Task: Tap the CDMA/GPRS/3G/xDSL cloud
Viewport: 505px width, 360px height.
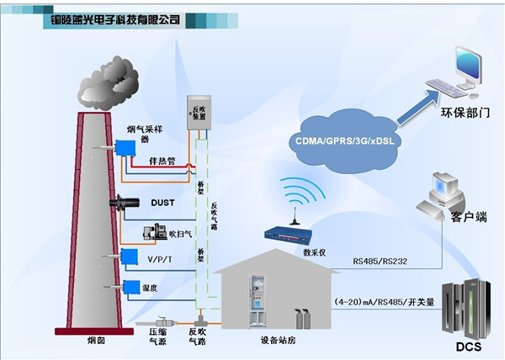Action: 345,140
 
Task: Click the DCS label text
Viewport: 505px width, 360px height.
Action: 467,347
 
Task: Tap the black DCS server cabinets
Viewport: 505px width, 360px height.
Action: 466,306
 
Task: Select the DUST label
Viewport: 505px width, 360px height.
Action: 162,202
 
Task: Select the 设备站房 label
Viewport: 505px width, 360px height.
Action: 279,342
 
